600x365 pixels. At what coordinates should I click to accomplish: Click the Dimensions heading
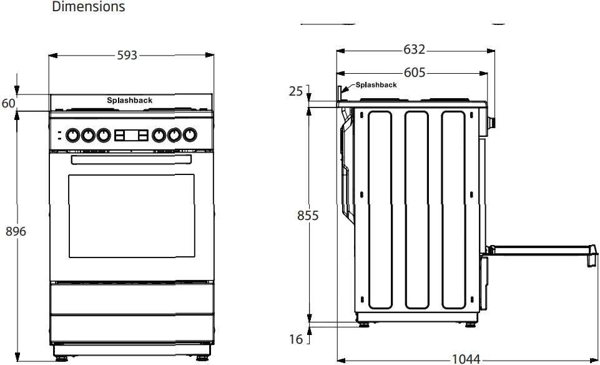(88, 7)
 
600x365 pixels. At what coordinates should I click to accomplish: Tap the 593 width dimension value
(127, 56)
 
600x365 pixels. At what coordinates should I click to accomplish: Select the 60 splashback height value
(8, 103)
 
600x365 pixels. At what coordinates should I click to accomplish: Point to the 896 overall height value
(16, 231)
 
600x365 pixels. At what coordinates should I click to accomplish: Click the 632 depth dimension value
(414, 49)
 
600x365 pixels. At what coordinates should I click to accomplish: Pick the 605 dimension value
(414, 72)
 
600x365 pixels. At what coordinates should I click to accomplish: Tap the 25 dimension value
(295, 92)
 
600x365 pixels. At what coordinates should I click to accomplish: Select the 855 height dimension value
(308, 216)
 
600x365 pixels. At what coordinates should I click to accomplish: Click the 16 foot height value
(295, 339)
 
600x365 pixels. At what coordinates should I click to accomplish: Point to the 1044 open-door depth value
(466, 359)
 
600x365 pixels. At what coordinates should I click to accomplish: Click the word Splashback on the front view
(129, 100)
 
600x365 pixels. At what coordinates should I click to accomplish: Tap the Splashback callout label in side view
(376, 85)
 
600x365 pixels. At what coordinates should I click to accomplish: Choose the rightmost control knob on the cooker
(189, 134)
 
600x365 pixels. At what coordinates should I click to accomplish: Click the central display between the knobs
(131, 134)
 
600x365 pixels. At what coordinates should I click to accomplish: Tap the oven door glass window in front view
(131, 216)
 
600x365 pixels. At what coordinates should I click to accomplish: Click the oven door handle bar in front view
(131, 161)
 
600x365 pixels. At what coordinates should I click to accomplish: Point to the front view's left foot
(61, 359)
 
